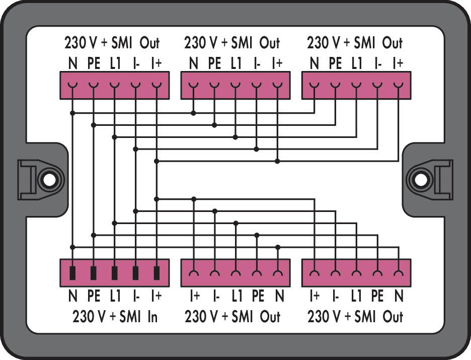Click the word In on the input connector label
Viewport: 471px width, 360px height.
point(152,317)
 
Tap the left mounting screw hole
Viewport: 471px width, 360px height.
point(49,180)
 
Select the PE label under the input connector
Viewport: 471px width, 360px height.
point(94,296)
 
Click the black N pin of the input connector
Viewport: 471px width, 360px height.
point(72,273)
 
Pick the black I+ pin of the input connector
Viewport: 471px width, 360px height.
point(156,273)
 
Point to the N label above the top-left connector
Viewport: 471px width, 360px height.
point(72,63)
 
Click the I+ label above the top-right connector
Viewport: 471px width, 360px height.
point(398,63)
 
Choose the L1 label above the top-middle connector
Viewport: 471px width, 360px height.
point(236,63)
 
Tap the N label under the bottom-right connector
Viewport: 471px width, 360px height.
point(399,296)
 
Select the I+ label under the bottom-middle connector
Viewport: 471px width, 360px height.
point(195,296)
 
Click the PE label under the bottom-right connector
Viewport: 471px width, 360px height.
point(377,296)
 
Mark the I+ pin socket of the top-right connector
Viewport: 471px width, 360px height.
point(399,86)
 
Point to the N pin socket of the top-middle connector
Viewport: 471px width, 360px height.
point(193,86)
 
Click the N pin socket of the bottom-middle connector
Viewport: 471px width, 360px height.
point(278,273)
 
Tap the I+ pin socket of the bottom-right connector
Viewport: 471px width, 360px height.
point(315,273)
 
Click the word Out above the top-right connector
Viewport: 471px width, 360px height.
point(392,43)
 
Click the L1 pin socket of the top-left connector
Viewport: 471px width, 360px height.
point(114,86)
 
